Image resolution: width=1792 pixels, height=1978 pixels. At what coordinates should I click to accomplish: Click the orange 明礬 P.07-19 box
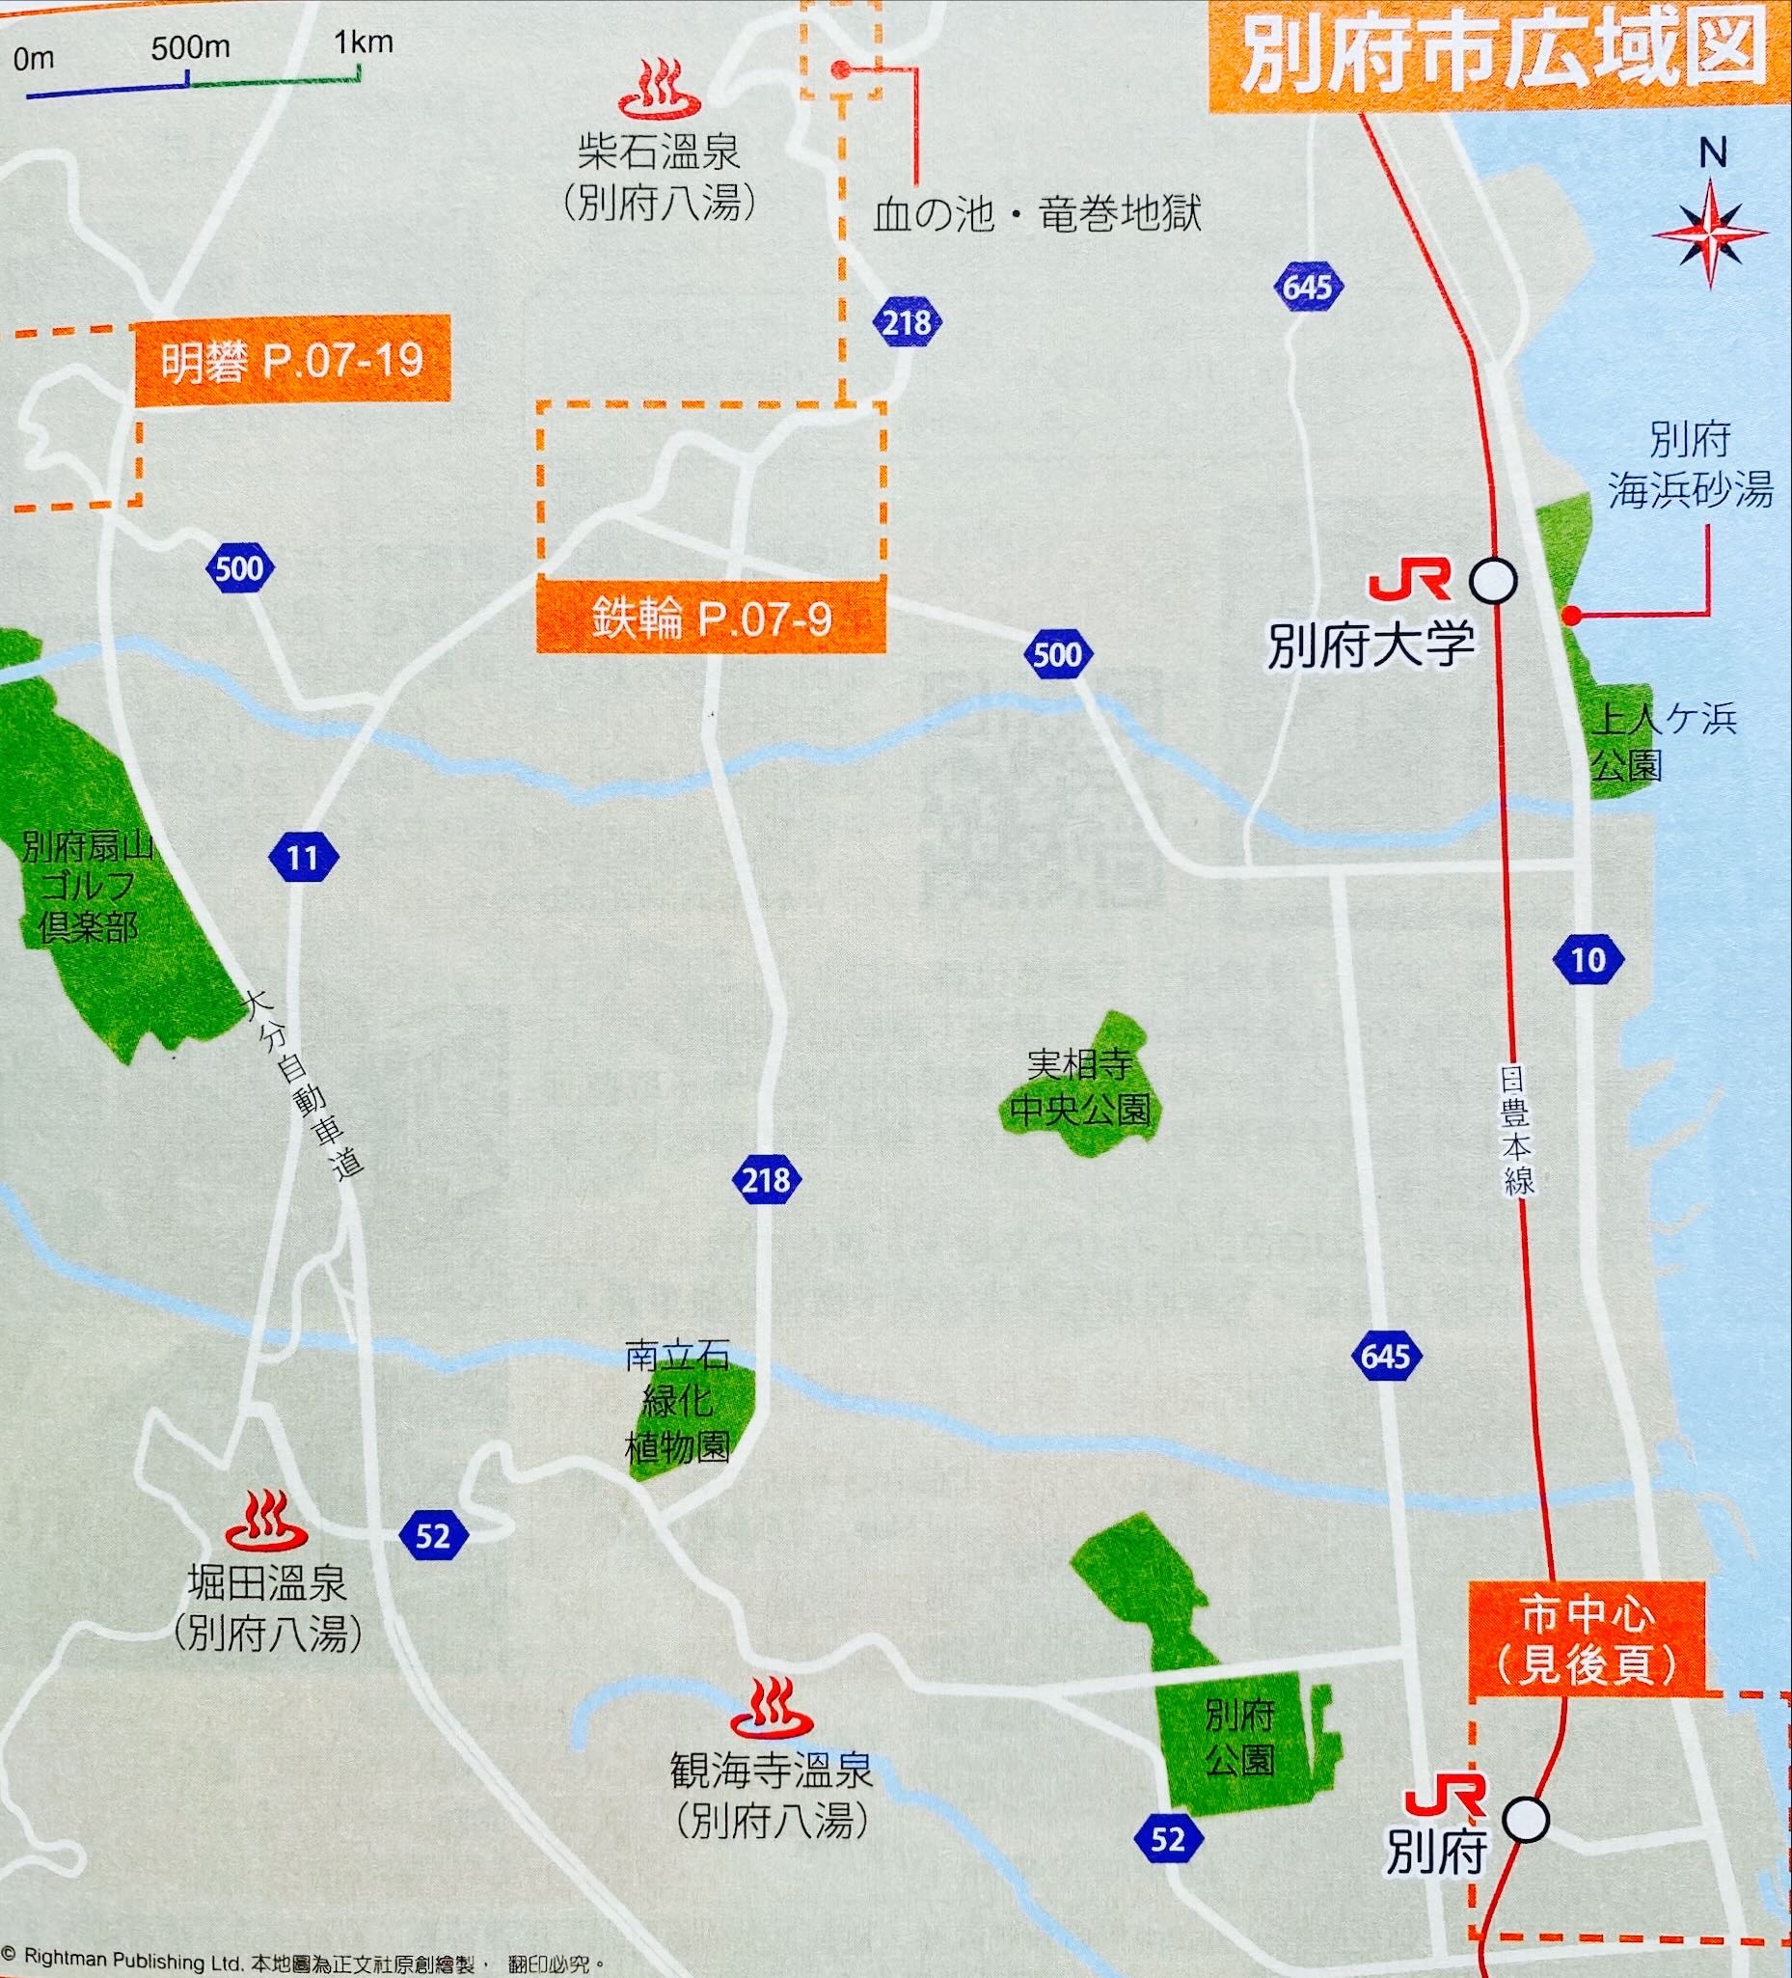point(292,359)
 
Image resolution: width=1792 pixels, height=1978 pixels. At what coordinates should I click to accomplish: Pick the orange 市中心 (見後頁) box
point(1587,1641)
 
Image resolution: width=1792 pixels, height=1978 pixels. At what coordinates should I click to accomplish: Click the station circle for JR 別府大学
point(1493,581)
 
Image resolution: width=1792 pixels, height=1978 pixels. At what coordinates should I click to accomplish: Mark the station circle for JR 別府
point(1526,1819)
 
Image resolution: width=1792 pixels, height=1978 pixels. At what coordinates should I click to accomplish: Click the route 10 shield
point(1588,958)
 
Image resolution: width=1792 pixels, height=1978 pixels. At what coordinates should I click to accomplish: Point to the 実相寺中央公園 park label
point(1080,1088)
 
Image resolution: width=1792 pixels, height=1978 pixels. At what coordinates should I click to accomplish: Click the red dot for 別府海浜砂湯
point(1570,617)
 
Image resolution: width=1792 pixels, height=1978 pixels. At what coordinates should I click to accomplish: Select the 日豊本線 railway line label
point(1514,1129)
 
